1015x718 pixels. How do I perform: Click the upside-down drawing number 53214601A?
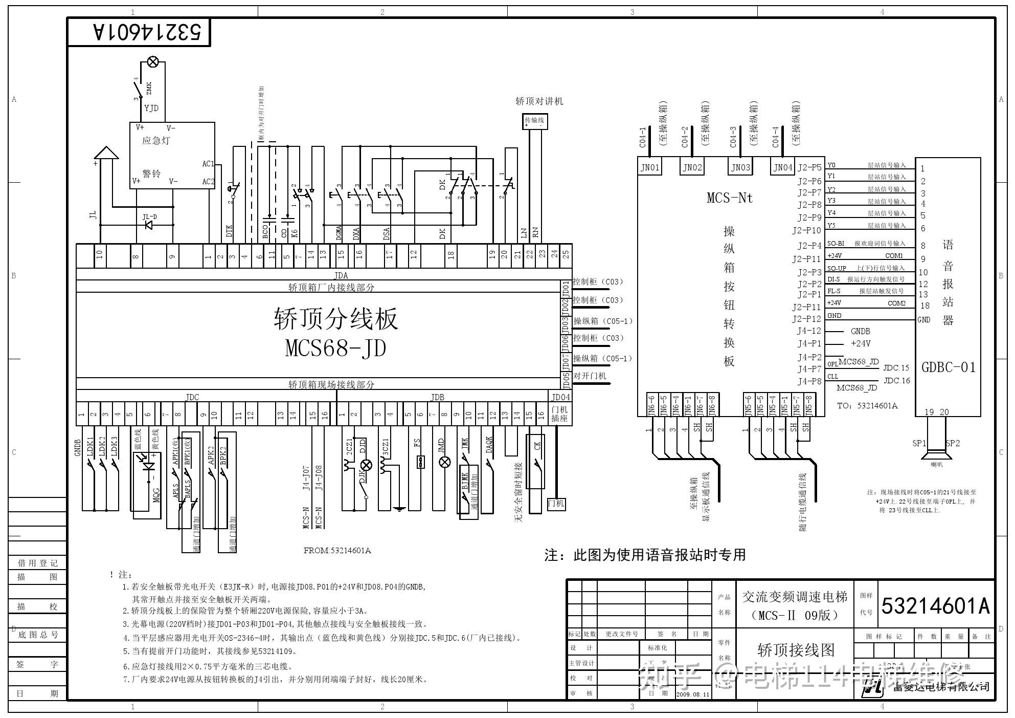coord(148,32)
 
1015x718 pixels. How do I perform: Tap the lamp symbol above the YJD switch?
coord(152,62)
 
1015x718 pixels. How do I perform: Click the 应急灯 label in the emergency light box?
coord(156,141)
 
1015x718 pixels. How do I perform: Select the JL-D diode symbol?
coord(149,224)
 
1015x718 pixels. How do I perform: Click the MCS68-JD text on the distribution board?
coord(335,349)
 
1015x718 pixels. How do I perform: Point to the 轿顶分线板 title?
coord(335,318)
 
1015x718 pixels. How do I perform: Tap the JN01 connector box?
coord(650,167)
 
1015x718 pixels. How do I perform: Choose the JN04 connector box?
coord(782,167)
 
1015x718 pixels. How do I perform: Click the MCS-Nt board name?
coord(730,198)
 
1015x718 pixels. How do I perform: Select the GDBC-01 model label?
coord(949,367)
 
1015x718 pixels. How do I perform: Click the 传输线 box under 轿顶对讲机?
coord(534,121)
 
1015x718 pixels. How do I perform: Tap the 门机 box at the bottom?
coord(556,504)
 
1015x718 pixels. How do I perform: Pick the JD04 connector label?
coord(560,397)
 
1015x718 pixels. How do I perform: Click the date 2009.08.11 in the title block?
coord(693,694)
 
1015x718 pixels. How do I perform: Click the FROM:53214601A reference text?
coord(337,551)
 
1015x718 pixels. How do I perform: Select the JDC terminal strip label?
coord(192,397)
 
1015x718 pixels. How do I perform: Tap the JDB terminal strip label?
coord(437,397)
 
